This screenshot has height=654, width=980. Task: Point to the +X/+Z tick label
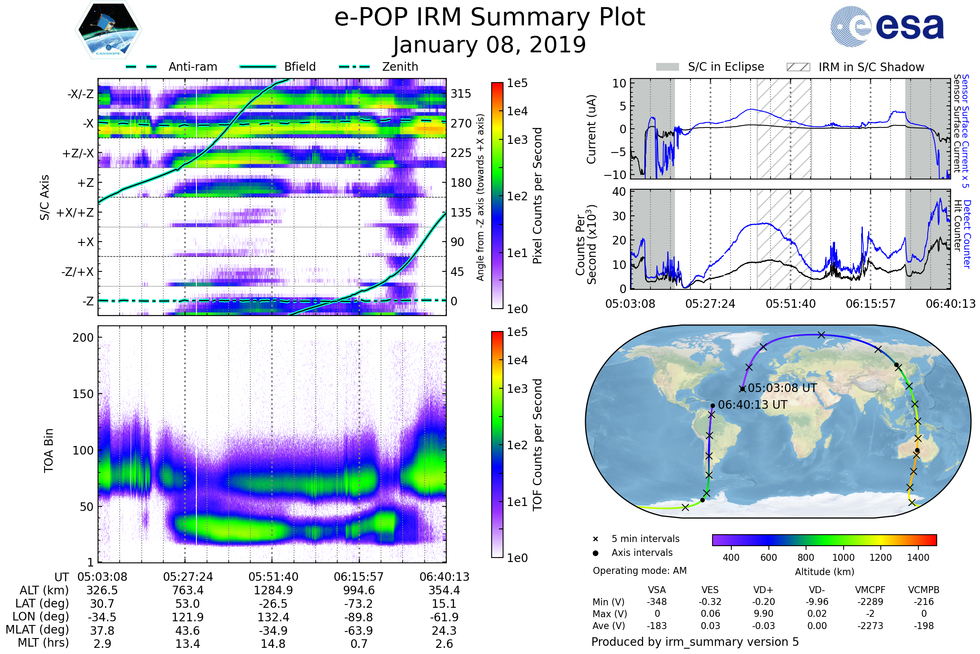(75, 213)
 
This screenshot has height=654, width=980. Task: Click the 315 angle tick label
(461, 94)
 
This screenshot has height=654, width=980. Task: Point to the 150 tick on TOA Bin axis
(83, 394)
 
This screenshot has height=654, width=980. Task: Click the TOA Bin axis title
(49, 450)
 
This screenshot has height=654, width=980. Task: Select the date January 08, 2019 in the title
(490, 45)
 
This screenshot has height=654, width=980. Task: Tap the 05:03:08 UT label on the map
(782, 388)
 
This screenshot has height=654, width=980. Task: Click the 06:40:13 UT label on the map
(753, 405)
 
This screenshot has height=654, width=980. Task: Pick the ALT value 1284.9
(273, 591)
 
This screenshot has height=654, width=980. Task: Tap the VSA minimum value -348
(657, 602)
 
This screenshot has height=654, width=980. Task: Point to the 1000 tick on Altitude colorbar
(843, 558)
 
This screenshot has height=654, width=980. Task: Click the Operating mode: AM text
(639, 571)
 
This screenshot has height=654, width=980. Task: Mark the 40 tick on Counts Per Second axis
(619, 192)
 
